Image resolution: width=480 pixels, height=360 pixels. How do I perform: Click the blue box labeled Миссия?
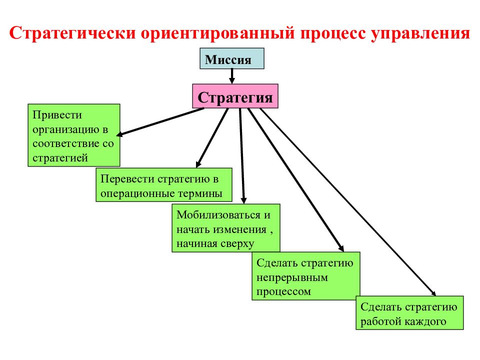(x=231, y=58)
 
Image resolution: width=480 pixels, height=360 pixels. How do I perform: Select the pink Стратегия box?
(x=235, y=96)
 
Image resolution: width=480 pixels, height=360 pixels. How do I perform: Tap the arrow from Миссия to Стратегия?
(x=231, y=76)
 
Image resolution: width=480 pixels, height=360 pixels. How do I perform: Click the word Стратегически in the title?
(x=72, y=33)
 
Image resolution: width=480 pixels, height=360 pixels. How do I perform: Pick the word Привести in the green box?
(x=57, y=115)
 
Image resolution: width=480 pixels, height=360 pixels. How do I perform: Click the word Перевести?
(x=127, y=178)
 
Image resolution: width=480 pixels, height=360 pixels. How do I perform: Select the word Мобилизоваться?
(x=218, y=215)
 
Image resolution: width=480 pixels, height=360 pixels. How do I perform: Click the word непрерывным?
(x=292, y=277)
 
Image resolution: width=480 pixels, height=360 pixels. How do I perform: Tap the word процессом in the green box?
(x=283, y=292)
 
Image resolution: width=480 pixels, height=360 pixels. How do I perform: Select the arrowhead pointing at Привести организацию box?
(x=120, y=134)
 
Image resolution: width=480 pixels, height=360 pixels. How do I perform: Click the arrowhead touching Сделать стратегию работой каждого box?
(x=432, y=292)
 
